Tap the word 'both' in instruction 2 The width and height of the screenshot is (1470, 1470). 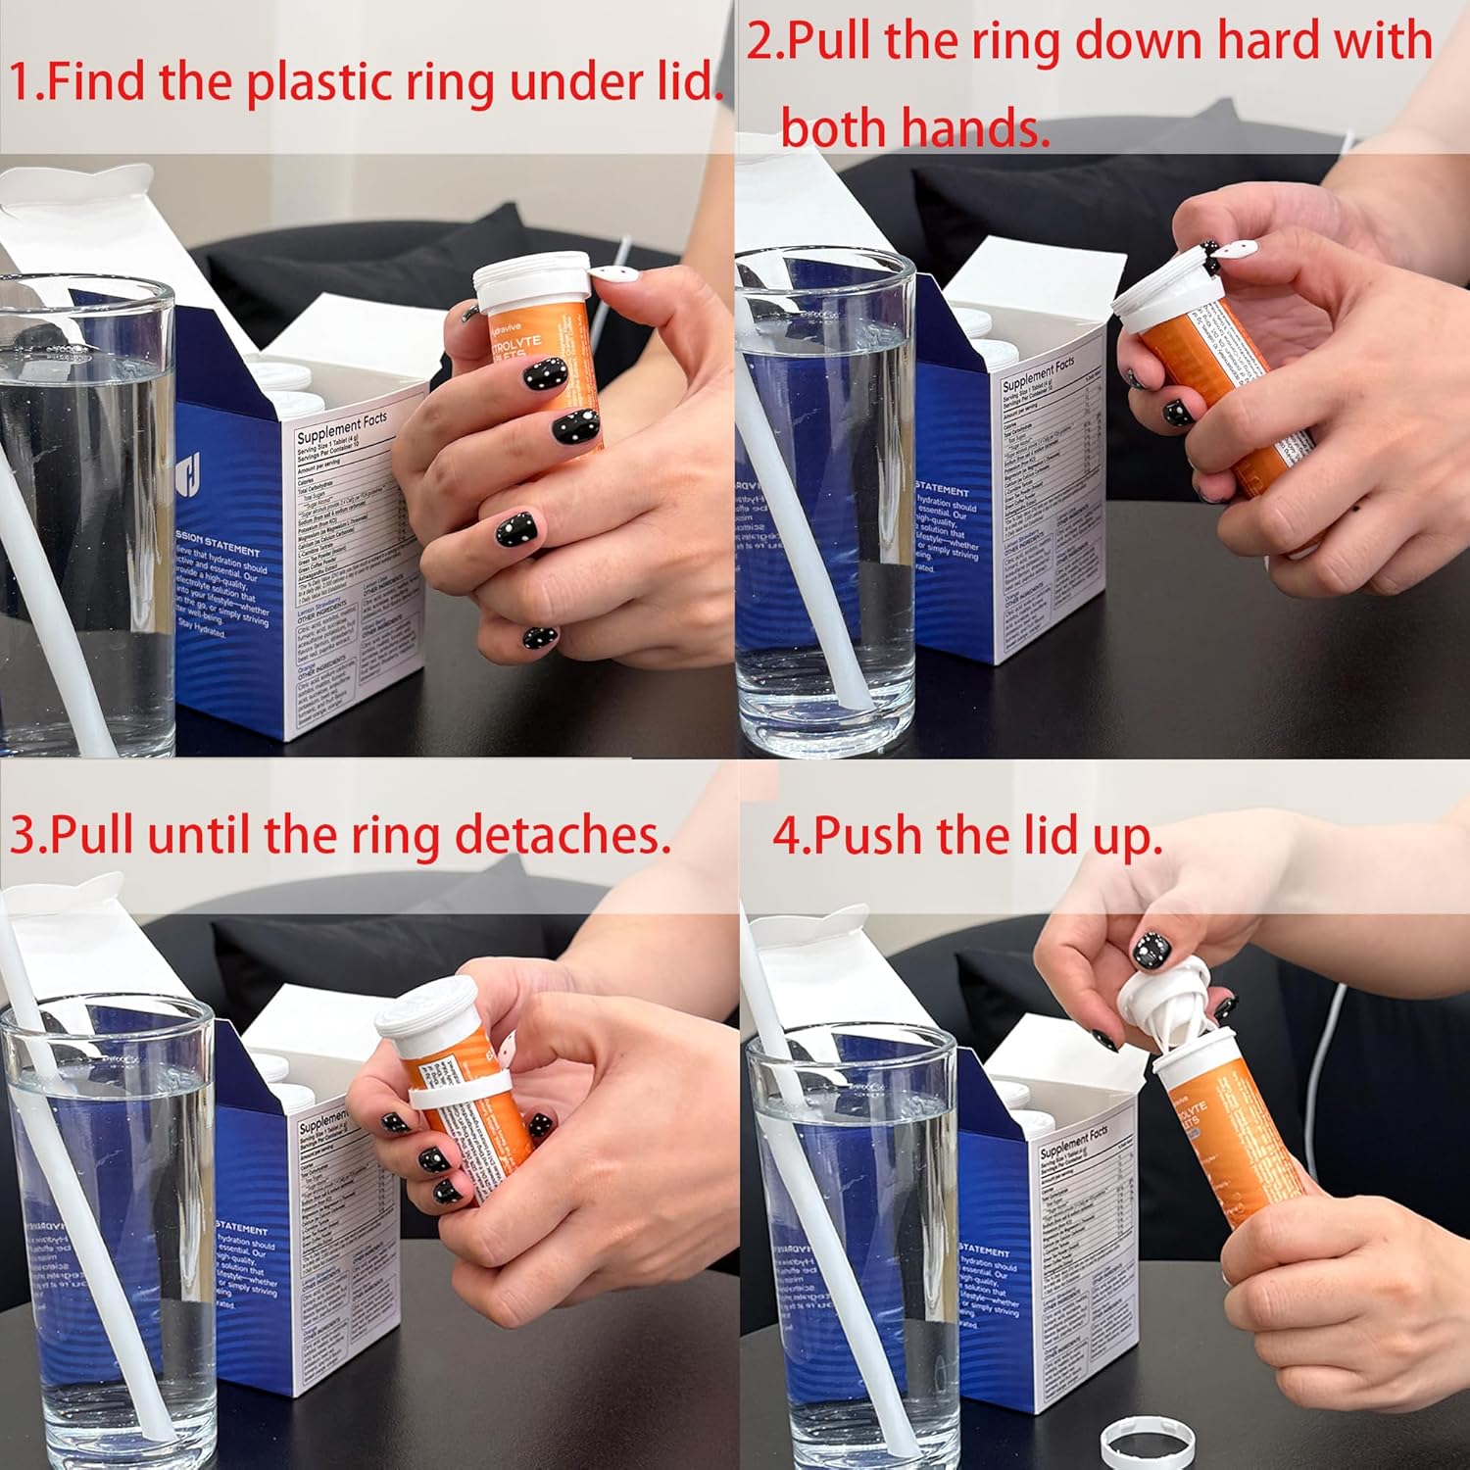click(x=834, y=128)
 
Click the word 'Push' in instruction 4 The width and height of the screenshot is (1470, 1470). click(x=869, y=836)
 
